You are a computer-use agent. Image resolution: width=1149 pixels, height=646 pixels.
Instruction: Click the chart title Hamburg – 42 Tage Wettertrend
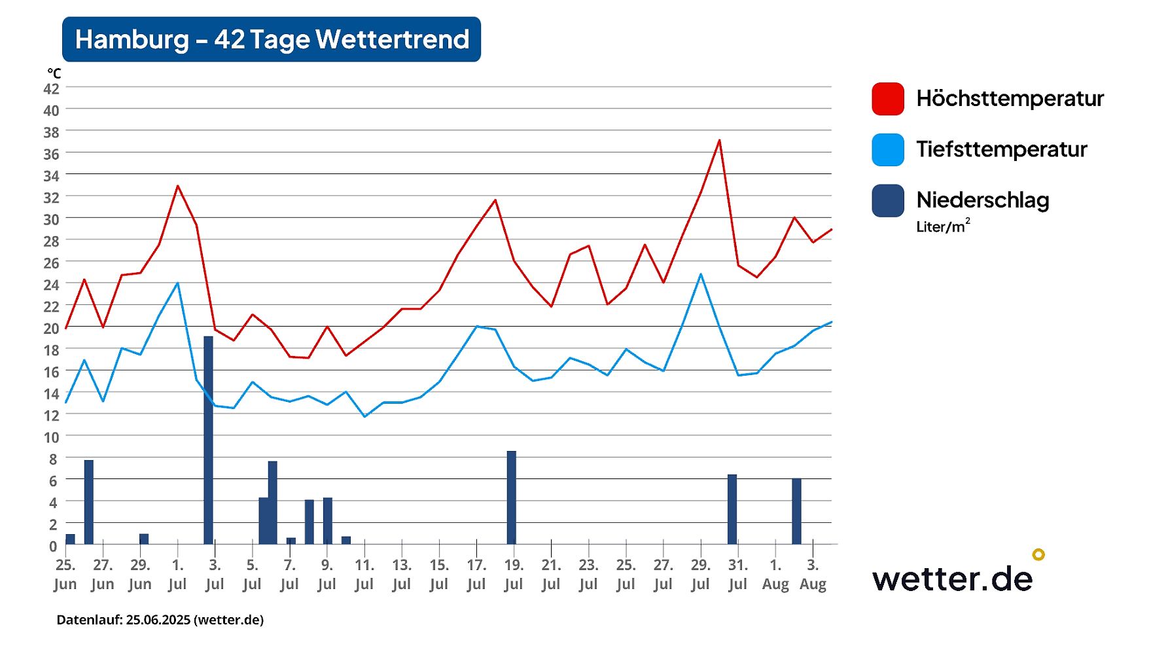click(272, 39)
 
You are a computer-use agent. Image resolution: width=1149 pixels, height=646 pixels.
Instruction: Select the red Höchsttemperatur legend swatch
click(888, 99)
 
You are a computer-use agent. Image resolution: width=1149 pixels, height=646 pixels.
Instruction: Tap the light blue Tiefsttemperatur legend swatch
click(888, 150)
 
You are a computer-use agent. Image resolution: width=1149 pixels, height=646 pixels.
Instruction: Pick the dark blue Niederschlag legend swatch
click(888, 200)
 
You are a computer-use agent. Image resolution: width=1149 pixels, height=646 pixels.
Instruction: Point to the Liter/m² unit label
click(942, 226)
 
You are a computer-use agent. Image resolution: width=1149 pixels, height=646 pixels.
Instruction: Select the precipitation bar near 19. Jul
click(511, 497)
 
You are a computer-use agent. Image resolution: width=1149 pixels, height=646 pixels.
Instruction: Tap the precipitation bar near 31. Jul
click(732, 509)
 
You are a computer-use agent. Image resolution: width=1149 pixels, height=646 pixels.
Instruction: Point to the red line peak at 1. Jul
click(177, 187)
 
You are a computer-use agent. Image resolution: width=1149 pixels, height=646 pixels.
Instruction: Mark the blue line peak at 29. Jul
click(701, 274)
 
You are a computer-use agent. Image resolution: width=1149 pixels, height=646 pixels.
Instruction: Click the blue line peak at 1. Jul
click(177, 283)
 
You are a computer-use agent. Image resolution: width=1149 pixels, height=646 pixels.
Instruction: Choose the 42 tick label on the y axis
click(51, 89)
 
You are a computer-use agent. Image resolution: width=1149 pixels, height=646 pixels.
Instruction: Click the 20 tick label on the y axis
click(51, 329)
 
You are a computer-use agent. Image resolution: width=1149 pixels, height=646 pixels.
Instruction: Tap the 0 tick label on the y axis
click(53, 546)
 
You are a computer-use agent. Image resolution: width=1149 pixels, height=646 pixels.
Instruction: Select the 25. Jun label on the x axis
click(65, 574)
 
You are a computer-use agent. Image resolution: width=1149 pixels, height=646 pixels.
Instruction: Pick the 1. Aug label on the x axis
click(775, 574)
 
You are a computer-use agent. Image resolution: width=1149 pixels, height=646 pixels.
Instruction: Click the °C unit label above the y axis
click(54, 73)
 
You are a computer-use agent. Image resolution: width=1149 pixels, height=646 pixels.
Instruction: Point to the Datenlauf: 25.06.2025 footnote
click(160, 620)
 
